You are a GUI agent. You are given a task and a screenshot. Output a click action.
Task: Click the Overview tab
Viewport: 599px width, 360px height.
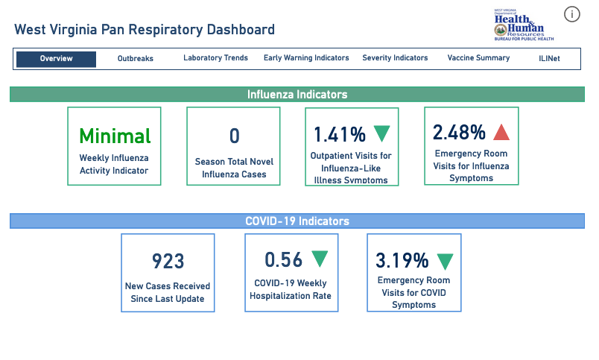56,59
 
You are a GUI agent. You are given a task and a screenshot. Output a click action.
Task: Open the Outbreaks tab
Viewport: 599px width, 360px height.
135,59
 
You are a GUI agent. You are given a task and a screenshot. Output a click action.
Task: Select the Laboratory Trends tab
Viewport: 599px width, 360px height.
215,58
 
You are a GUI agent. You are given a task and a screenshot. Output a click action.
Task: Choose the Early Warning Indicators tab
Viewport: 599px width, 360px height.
306,58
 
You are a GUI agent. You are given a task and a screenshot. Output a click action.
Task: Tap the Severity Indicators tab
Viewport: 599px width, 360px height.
395,58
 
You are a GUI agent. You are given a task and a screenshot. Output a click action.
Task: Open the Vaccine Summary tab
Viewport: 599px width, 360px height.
478,58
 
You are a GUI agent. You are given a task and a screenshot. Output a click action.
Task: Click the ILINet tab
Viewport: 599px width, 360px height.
549,58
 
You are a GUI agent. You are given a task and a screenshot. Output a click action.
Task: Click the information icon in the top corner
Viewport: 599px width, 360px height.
572,14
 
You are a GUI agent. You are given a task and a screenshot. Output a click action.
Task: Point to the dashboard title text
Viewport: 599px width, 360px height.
145,30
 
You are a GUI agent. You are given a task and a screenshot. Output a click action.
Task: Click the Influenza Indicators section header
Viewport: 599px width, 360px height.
297,95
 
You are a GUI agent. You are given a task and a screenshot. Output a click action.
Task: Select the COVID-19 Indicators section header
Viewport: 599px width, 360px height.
297,221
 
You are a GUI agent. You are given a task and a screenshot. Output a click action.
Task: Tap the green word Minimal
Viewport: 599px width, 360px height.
115,136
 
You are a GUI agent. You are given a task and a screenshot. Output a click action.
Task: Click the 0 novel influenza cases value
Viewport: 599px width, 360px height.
234,136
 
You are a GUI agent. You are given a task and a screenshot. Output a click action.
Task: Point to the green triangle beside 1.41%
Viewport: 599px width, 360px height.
381,133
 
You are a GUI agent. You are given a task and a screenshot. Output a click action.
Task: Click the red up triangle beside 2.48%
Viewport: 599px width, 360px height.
501,133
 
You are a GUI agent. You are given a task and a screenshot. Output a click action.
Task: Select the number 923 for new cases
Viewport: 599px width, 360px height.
168,261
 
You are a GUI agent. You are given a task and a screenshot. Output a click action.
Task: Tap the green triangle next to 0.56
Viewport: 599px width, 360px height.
320,259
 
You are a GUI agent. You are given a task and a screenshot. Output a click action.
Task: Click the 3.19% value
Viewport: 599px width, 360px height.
402,261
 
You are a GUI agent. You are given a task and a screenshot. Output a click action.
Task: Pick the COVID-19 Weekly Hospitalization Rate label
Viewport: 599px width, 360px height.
291,290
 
